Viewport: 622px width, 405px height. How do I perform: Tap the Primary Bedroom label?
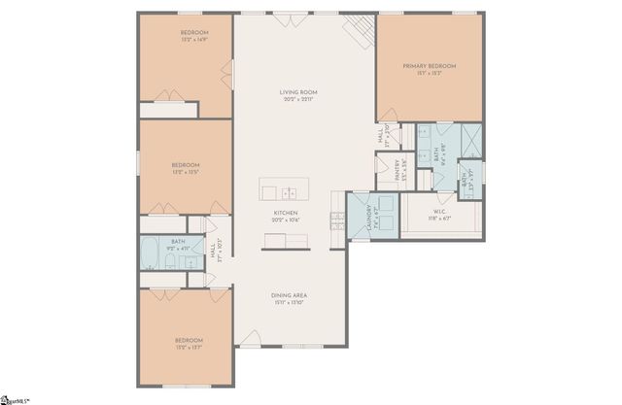[430, 66]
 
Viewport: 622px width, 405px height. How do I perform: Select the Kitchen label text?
[285, 213]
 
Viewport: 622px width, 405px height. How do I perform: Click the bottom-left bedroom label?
[187, 340]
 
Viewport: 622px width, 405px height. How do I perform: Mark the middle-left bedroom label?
[187, 165]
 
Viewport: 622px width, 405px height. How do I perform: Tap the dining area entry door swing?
[251, 338]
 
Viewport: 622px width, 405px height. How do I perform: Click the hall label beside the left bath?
[213, 252]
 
